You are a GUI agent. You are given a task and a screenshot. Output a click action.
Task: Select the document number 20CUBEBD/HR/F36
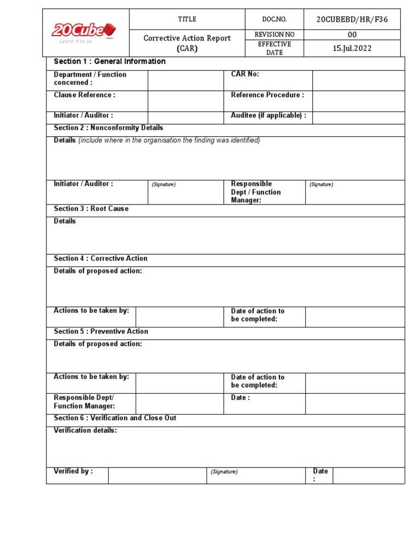(352, 20)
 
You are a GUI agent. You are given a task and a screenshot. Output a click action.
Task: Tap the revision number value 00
(352, 34)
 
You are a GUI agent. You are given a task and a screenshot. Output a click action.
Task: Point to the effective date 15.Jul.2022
(352, 48)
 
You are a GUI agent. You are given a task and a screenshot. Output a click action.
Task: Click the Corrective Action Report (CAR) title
(187, 43)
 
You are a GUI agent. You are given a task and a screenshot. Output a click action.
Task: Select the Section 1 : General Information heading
(109, 62)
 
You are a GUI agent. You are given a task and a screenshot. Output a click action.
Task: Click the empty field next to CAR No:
(358, 80)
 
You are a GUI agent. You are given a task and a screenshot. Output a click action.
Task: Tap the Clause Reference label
(85, 95)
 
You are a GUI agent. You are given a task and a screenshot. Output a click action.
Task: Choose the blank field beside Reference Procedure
(358, 101)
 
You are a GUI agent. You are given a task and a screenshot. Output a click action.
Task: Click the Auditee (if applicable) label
(269, 116)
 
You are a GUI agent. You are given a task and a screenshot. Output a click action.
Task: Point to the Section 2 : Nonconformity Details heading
(108, 128)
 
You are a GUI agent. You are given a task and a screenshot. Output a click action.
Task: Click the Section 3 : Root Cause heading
(91, 209)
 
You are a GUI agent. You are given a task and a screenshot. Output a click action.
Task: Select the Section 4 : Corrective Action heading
(101, 259)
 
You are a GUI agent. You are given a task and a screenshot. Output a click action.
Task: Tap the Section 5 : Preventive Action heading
(101, 331)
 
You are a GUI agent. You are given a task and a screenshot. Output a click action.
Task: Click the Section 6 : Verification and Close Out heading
(115, 418)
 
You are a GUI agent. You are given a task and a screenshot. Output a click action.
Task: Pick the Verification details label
(85, 431)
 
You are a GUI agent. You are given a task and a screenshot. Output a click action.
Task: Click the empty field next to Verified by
(157, 476)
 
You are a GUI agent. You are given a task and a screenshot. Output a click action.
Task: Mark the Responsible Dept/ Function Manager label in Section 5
(84, 402)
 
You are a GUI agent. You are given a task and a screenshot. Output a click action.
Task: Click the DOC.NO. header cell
(275, 20)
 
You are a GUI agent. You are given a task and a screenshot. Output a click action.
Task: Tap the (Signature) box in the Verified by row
(255, 476)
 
